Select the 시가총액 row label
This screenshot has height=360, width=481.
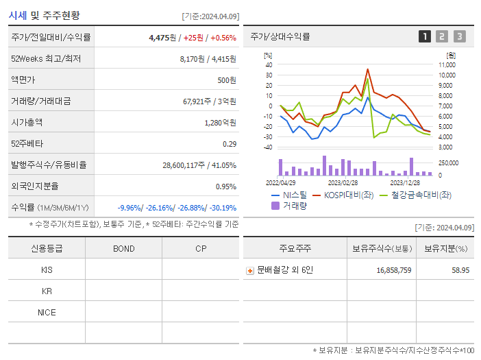pyautogui.click(x=27, y=123)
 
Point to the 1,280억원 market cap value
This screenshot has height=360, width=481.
pyautogui.click(x=220, y=123)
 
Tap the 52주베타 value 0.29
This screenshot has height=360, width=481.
pyautogui.click(x=230, y=144)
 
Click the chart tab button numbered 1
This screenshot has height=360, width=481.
pyautogui.click(x=425, y=36)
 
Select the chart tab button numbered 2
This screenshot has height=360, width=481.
pyautogui.click(x=442, y=36)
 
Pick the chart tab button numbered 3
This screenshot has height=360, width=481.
pyautogui.click(x=459, y=36)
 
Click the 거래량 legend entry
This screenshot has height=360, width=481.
pyautogui.click(x=290, y=205)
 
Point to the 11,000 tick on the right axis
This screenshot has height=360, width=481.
pyautogui.click(x=447, y=64)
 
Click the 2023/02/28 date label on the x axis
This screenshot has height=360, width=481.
pyautogui.click(x=343, y=183)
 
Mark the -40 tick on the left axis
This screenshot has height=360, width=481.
pyautogui.click(x=268, y=147)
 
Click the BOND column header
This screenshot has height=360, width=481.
pyautogui.click(x=124, y=248)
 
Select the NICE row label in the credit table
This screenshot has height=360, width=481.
pyautogui.click(x=47, y=313)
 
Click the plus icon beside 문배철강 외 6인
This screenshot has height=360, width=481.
pyautogui.click(x=250, y=271)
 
